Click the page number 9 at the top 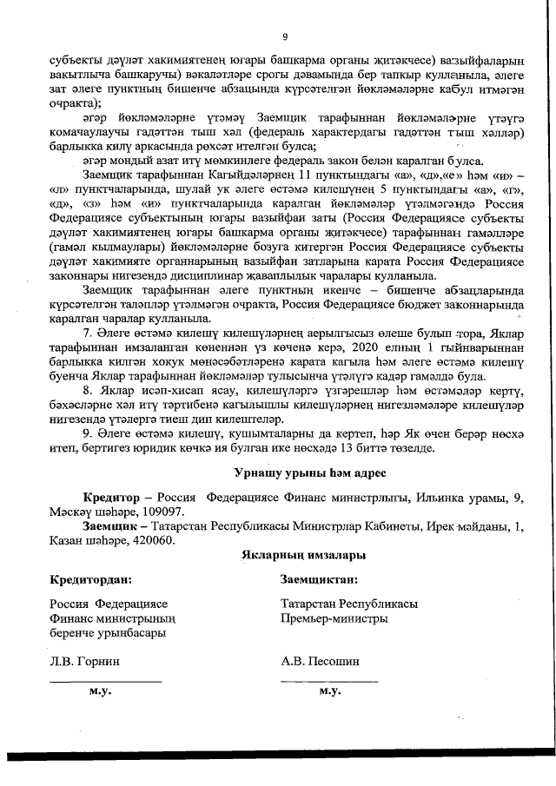[284, 36]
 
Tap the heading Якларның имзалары [291, 554]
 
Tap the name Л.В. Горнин [85, 661]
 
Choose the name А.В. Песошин [321, 661]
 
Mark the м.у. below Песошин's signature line [329, 692]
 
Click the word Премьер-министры [334, 618]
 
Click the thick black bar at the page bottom [278, 754]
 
